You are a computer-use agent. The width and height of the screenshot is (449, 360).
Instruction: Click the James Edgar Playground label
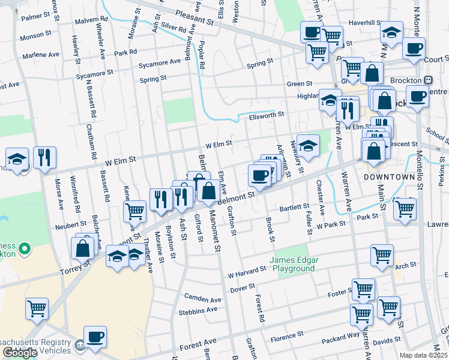[x=293, y=264]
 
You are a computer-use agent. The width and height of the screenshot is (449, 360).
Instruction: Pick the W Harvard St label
[x=246, y=272]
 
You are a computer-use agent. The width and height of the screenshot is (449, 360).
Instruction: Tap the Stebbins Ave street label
[x=198, y=310]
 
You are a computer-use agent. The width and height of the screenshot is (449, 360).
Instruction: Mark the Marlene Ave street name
[x=41, y=55]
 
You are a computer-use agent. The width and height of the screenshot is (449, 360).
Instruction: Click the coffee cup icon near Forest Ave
[x=95, y=337]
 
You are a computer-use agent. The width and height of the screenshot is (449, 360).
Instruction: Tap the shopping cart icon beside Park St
[x=405, y=209]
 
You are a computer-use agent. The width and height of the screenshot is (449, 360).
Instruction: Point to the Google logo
[x=20, y=353]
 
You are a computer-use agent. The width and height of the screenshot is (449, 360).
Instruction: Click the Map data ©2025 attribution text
[x=424, y=355]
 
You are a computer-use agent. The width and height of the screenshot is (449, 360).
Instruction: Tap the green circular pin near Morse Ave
[x=25, y=248]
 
